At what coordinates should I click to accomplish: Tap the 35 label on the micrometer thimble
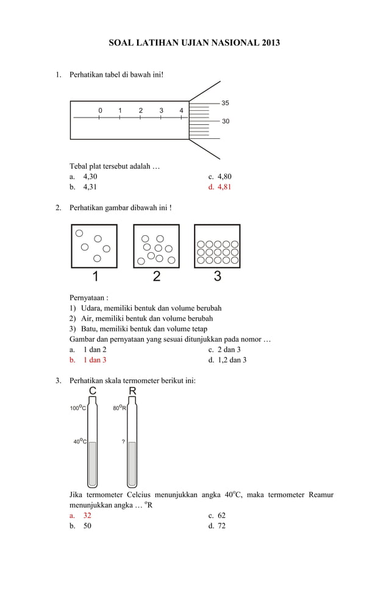point(225,103)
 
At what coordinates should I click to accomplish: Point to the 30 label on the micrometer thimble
point(225,121)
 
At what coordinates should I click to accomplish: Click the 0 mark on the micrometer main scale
point(100,110)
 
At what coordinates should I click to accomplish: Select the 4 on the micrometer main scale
point(181,110)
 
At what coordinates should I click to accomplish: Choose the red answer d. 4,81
point(219,187)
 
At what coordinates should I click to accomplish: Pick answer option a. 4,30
point(84,177)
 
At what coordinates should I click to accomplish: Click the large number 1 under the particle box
point(95,277)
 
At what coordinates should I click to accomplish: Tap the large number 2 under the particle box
point(157,277)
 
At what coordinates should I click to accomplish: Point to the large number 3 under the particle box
point(218,277)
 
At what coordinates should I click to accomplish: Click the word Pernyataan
point(88,298)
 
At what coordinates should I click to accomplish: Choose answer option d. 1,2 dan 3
point(227,360)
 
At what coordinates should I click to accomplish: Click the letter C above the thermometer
point(93,390)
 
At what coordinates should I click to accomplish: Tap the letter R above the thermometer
point(132,390)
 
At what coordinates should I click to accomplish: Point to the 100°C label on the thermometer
point(77,409)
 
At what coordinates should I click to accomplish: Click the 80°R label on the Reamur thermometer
point(119,409)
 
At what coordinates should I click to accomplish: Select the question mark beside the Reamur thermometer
point(124,442)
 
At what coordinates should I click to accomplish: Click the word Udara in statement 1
point(92,308)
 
